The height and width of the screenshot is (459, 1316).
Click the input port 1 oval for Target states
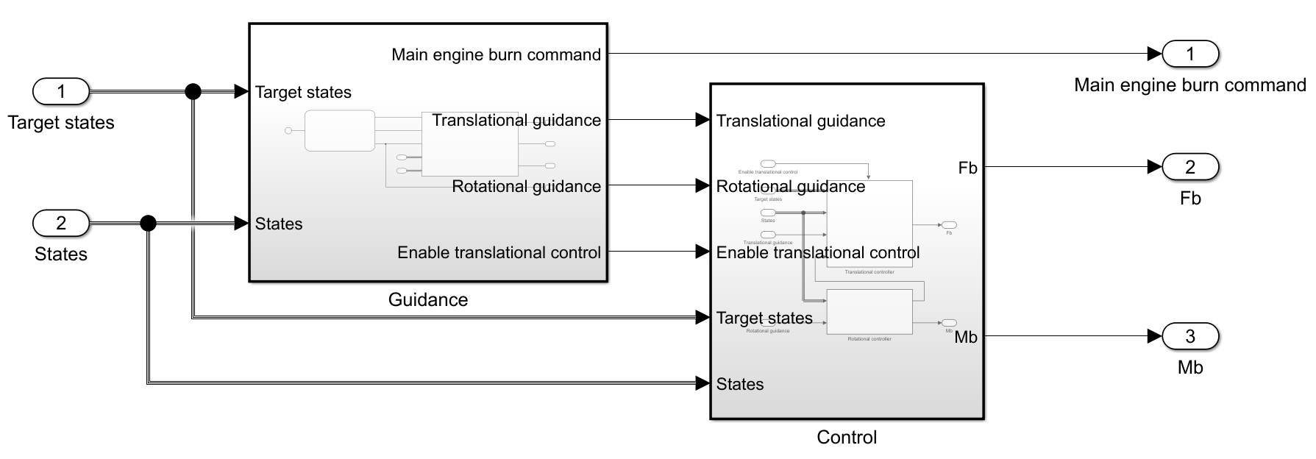pos(61,92)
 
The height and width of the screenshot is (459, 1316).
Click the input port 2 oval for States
pos(61,223)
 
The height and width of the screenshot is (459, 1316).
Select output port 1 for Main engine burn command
pos(1190,54)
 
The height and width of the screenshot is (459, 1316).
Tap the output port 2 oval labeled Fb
pos(1190,167)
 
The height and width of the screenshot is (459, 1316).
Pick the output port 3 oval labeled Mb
pos(1190,337)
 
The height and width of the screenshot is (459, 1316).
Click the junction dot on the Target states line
pos(193,92)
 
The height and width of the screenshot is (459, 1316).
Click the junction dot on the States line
pos(148,223)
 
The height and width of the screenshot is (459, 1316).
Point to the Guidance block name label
pos(428,300)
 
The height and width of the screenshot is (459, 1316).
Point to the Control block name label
pos(847,438)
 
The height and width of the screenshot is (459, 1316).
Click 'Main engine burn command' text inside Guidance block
pos(496,54)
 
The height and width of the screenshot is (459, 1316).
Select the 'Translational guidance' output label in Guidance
pos(516,120)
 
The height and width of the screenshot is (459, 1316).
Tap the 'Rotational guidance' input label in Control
pos(791,187)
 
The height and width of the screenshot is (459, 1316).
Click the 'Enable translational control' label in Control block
pos(818,253)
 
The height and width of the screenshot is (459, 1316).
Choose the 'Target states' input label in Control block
pos(764,318)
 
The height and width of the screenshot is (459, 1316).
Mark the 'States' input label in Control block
pos(740,384)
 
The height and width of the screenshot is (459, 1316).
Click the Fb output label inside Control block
pos(967,168)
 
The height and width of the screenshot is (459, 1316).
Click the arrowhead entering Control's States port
pos(703,383)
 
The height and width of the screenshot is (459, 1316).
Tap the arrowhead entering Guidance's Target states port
pos(241,92)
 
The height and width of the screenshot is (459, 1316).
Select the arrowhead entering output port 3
pos(1154,337)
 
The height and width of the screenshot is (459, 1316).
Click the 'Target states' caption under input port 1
pos(61,123)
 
